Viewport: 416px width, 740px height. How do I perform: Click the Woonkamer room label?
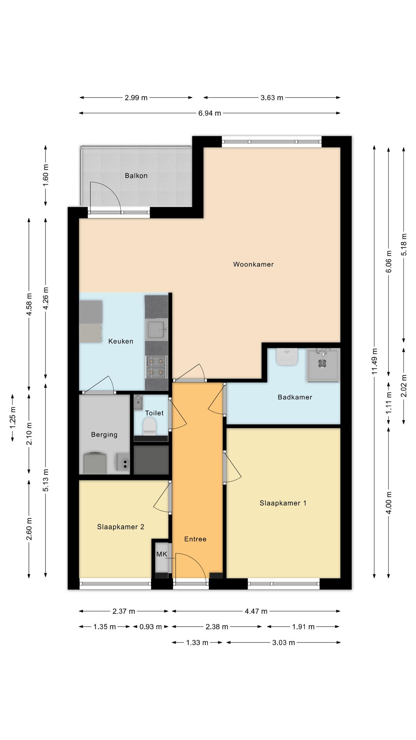(x=253, y=264)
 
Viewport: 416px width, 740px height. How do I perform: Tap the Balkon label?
(x=136, y=176)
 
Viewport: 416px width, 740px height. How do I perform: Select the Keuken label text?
(x=121, y=341)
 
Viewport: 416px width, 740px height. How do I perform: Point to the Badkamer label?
(x=295, y=397)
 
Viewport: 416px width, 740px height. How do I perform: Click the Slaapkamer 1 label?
(x=283, y=503)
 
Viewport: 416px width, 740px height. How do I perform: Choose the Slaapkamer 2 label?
(x=121, y=527)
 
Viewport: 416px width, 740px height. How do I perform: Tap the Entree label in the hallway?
(x=195, y=539)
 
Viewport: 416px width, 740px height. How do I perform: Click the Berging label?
(x=104, y=435)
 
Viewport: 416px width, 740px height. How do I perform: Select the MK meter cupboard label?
(x=162, y=554)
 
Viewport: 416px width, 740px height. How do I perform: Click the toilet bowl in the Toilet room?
(x=149, y=426)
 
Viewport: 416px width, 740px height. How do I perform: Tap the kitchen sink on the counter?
(x=156, y=330)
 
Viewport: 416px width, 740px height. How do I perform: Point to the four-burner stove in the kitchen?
(x=156, y=367)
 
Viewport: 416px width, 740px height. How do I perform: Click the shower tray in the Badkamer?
(x=323, y=365)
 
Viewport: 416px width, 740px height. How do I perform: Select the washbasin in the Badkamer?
(x=287, y=357)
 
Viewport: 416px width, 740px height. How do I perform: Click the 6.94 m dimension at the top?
(x=210, y=113)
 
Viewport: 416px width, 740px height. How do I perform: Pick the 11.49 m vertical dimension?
(x=374, y=362)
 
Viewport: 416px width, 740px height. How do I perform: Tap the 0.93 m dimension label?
(x=151, y=627)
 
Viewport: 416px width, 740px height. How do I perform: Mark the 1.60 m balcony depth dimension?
(x=45, y=175)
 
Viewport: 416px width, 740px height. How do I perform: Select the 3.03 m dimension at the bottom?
(x=283, y=642)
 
